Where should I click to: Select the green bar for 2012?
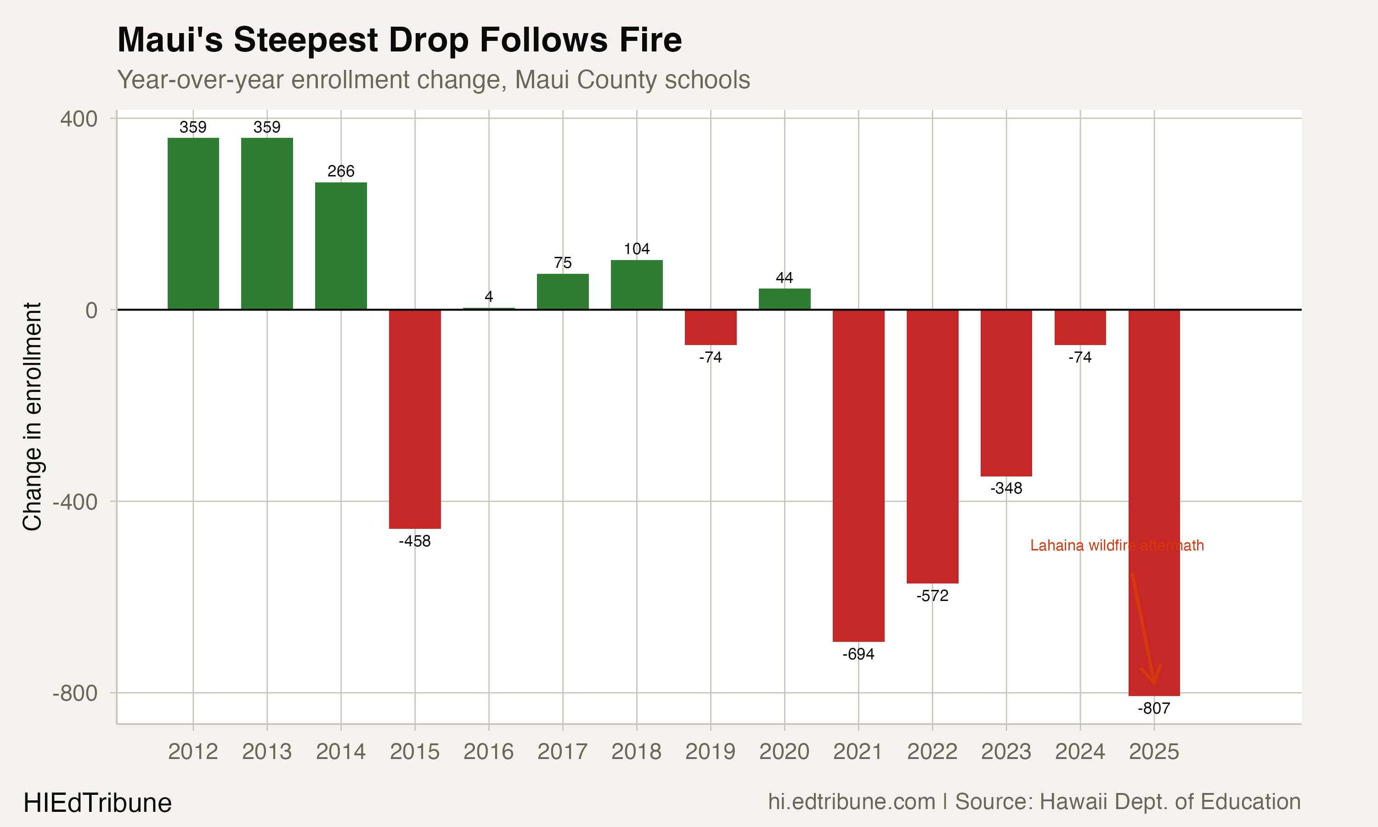193,223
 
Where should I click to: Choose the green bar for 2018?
637,285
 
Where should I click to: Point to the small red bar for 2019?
711,327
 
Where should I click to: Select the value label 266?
341,171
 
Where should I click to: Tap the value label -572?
932,596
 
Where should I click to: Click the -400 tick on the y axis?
75,502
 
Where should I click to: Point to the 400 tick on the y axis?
79,119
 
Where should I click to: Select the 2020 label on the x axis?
784,752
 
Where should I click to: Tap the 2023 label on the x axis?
1006,752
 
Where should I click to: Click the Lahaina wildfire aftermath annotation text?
1117,545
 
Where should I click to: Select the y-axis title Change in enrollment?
32,417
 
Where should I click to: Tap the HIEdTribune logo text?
97,803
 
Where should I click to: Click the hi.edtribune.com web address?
851,802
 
